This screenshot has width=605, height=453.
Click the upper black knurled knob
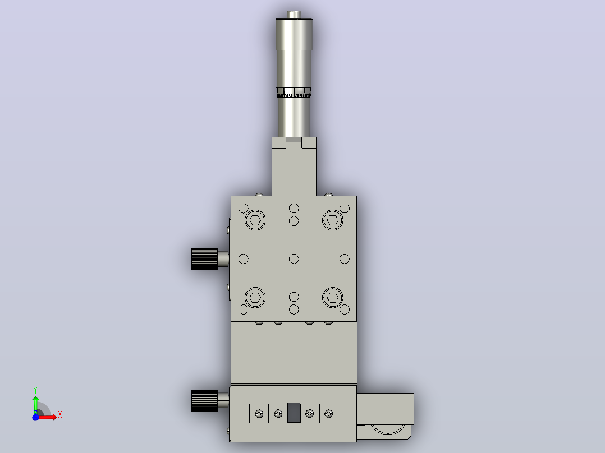coord(204,258)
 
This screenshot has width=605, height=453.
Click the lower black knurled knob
coord(204,400)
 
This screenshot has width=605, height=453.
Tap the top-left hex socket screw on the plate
coord(255,220)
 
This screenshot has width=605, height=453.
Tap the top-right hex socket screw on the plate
coord(333,220)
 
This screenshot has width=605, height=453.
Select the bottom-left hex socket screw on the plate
coord(255,298)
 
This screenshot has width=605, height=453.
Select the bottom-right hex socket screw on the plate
coord(333,298)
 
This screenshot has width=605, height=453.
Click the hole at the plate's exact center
coord(294,258)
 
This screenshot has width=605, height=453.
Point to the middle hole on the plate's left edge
coord(244,258)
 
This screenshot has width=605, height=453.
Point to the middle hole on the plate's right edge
coord(345,258)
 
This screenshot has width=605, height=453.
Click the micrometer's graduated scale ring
coord(294,93)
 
